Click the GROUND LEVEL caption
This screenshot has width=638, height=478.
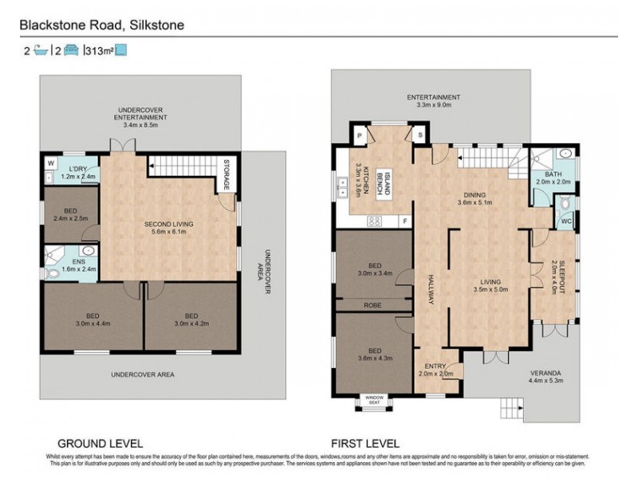coord(100,442)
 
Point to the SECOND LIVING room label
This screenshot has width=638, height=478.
coord(164,228)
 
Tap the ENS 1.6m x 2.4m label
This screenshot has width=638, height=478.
coord(78,264)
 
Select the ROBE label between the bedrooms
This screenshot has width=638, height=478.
coord(373,304)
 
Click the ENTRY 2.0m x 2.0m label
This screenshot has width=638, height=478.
coord(435,369)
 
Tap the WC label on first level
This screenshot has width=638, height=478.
coord(565,221)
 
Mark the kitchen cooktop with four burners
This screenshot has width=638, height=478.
coord(372,221)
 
